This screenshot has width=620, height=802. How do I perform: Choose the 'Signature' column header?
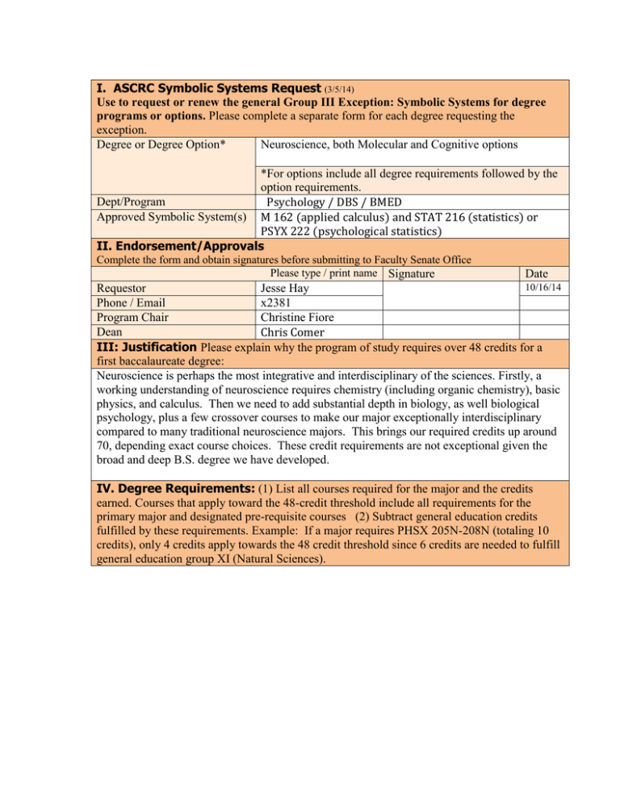pyautogui.click(x=412, y=274)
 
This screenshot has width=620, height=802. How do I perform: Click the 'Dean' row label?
pyautogui.click(x=110, y=332)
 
